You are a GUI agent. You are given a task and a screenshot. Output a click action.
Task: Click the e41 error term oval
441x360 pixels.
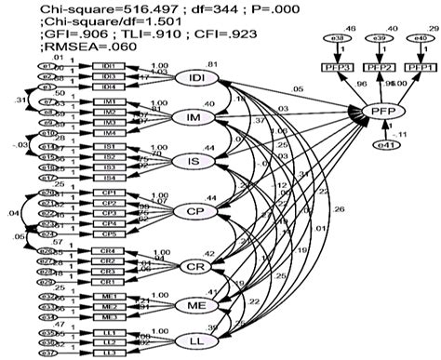coord(382,145)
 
